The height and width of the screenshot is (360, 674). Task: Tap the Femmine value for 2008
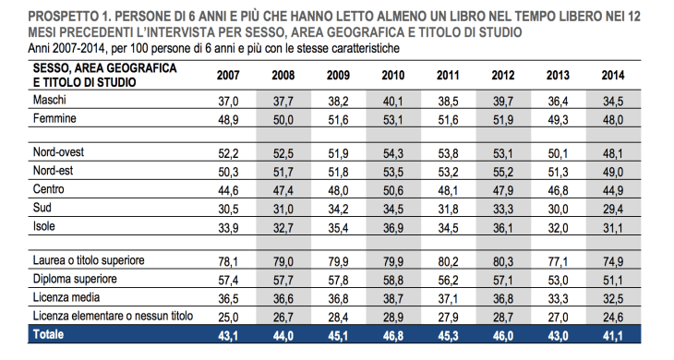283,118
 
